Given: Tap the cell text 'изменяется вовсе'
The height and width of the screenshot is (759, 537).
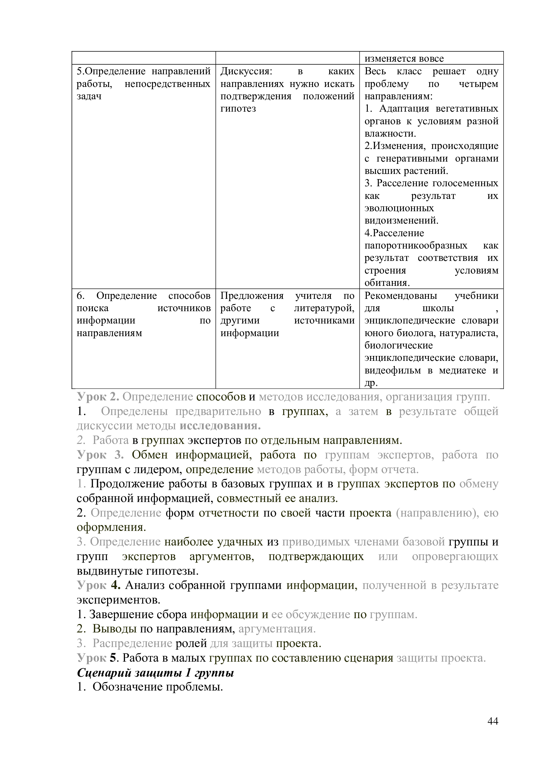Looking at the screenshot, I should [x=404, y=58].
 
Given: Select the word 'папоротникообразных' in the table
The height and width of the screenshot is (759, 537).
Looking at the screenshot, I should [x=416, y=246].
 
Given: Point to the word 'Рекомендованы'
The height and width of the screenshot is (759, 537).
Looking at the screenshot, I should [x=400, y=296].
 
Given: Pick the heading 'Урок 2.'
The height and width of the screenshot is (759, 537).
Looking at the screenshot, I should [x=98, y=397].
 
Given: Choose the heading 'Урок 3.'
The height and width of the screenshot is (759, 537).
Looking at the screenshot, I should [x=100, y=455].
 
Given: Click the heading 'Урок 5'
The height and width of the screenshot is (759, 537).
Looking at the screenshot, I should [x=97, y=658].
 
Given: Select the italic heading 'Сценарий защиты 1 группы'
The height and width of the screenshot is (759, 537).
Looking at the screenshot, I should [x=156, y=673].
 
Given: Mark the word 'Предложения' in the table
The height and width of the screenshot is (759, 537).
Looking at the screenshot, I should [x=252, y=296].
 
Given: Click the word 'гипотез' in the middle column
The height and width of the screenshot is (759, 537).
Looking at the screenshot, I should [x=238, y=109].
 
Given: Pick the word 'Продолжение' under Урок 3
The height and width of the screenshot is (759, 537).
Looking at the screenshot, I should [x=127, y=484].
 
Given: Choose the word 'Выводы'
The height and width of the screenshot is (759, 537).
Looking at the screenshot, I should [x=114, y=629].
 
